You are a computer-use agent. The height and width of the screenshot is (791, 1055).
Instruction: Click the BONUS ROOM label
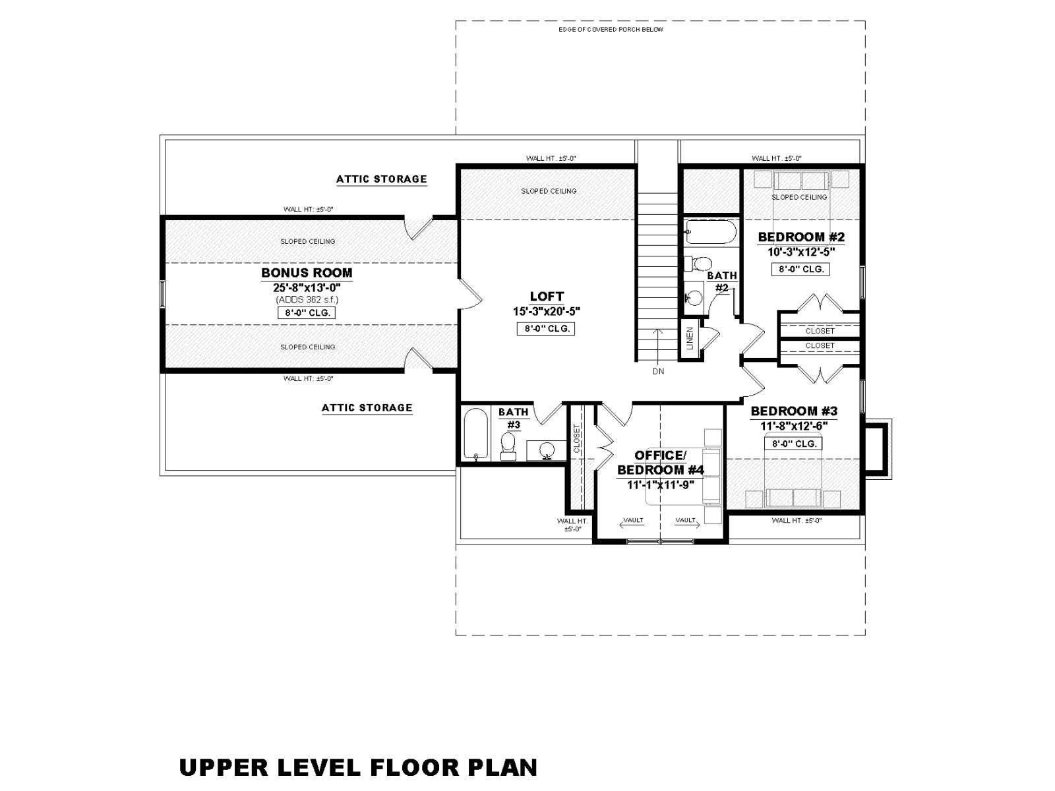coord(307,273)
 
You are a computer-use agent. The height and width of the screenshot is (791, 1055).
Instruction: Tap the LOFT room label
coord(547,297)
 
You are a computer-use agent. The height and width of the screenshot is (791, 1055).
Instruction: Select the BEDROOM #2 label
coord(800,237)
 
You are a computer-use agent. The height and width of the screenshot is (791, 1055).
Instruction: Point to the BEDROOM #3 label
coord(793,411)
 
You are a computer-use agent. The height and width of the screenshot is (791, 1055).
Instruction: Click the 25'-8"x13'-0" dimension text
coord(307,287)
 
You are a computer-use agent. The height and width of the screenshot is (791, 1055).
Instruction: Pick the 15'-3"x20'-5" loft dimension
coord(547,311)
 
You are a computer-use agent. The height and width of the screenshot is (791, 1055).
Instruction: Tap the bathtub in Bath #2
coord(710,232)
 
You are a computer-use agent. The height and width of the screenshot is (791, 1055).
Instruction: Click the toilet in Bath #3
coord(508,447)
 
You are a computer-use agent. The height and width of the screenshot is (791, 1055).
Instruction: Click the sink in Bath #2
coord(694,298)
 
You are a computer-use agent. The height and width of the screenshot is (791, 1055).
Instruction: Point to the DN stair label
coord(659,371)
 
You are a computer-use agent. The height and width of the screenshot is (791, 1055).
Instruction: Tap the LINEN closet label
coord(690,338)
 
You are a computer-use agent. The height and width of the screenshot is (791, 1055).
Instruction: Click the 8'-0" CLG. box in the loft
coord(546,329)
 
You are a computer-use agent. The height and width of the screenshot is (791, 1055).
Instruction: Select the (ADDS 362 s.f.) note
coord(307,300)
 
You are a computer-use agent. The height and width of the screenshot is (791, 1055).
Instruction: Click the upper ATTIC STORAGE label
coord(381,179)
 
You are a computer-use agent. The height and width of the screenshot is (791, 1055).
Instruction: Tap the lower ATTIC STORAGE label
coord(367,408)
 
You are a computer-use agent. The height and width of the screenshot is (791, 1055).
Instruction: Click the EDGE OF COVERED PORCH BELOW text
coord(611,30)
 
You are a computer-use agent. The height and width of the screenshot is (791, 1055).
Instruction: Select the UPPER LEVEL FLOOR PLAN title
coord(358,767)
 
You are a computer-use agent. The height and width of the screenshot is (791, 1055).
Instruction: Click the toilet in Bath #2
coord(698,264)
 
